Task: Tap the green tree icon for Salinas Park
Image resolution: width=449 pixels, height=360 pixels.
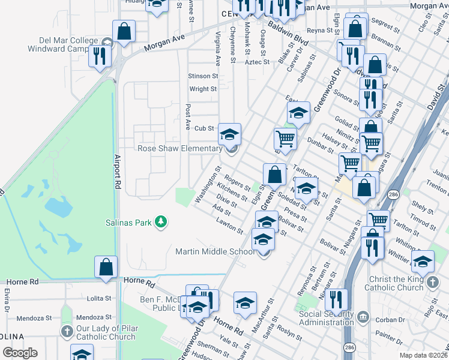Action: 160,222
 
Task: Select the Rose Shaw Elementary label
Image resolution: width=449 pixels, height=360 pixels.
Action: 180,148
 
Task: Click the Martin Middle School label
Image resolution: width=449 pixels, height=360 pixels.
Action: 215,251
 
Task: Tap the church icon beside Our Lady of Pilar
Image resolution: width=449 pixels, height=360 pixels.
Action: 67,329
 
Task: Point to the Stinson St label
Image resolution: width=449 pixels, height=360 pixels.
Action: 202,76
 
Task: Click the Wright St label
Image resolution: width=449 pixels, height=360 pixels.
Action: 203,89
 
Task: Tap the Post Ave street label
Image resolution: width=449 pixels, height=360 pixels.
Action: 188,118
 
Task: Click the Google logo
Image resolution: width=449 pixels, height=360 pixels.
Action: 20,353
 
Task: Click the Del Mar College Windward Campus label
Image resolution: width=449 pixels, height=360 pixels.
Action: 68,44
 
